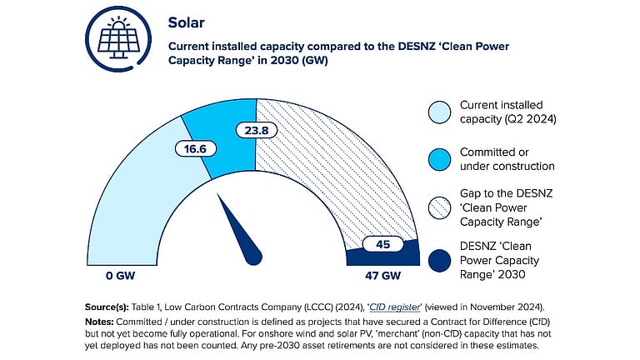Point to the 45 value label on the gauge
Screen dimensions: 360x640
tap(382, 245)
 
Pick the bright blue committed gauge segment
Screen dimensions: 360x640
tap(218, 125)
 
